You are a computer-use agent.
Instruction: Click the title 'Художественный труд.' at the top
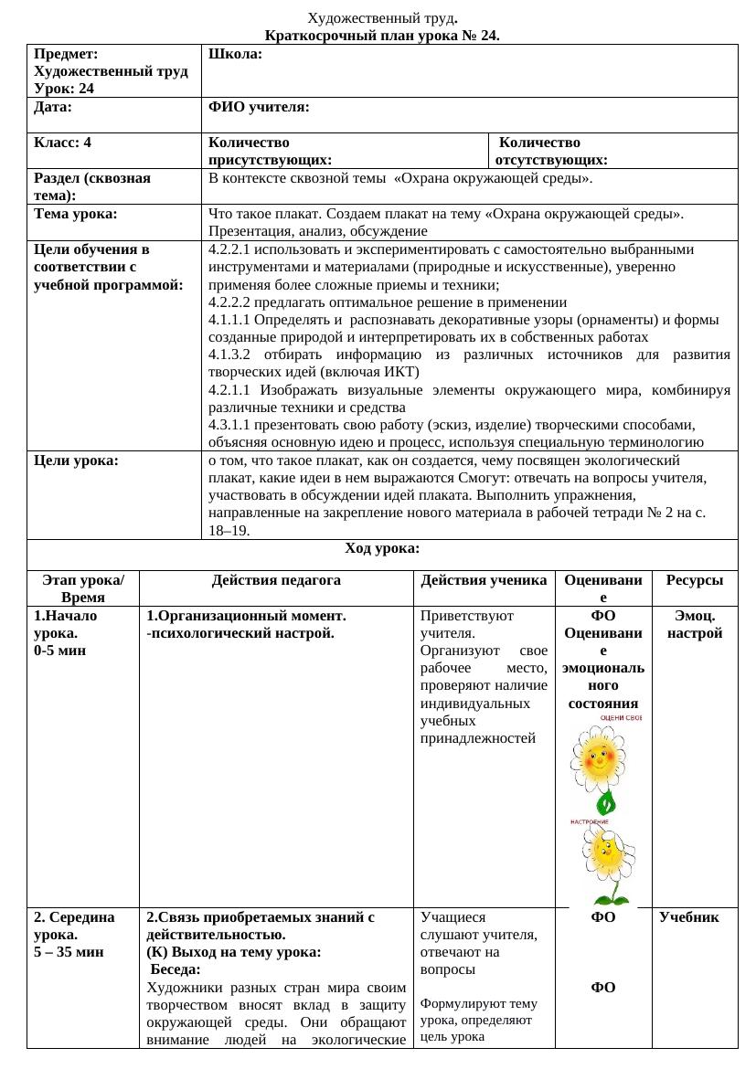[x=382, y=18]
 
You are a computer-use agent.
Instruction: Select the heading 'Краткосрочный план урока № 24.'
[x=382, y=36]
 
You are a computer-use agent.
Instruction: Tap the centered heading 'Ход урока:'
[x=382, y=548]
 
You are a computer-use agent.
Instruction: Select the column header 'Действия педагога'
[x=276, y=580]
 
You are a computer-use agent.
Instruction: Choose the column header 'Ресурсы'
[x=694, y=580]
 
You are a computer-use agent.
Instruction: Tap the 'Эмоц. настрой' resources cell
[x=694, y=625]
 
